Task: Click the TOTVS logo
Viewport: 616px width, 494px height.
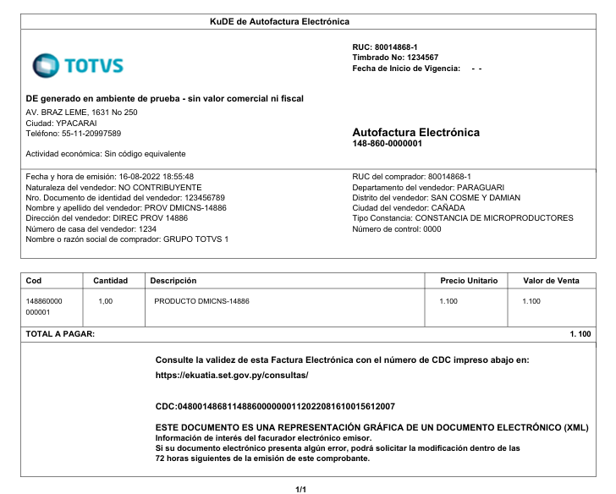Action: [78, 65]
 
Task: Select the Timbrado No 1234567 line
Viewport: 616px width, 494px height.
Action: [394, 58]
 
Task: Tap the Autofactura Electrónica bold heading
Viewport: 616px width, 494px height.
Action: [415, 133]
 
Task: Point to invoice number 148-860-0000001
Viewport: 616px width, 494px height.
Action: [387, 144]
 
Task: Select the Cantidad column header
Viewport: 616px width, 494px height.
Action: [110, 280]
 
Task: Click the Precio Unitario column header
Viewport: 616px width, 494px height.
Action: [469, 280]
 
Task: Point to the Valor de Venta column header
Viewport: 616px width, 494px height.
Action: [552, 280]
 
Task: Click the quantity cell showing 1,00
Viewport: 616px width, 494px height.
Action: [106, 301]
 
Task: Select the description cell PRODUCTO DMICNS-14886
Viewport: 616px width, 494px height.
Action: [201, 301]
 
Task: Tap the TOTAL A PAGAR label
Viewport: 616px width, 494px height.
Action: [60, 334]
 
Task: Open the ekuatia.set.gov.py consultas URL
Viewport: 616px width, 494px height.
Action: [232, 374]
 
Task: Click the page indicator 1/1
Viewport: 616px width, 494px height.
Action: [300, 489]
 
